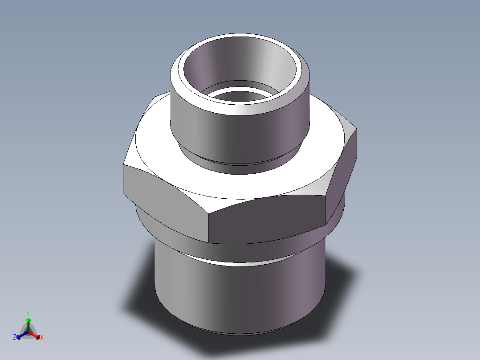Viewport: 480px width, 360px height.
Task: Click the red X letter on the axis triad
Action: point(42,338)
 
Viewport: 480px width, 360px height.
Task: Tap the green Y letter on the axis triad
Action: point(28,313)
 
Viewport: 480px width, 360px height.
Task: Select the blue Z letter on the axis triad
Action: point(15,338)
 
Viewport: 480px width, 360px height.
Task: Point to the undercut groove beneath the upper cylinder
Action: point(240,163)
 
